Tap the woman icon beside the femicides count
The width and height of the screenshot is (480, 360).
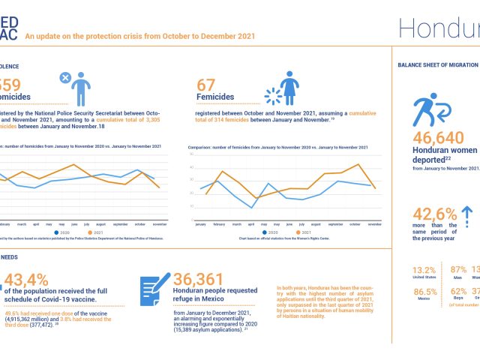point(290,88)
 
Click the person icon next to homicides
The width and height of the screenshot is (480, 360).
point(78,88)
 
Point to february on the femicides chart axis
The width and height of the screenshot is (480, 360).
point(219,224)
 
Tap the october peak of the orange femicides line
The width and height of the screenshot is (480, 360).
point(358,163)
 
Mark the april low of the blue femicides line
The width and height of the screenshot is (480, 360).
point(252,207)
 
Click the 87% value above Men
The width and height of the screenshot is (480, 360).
point(459,270)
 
